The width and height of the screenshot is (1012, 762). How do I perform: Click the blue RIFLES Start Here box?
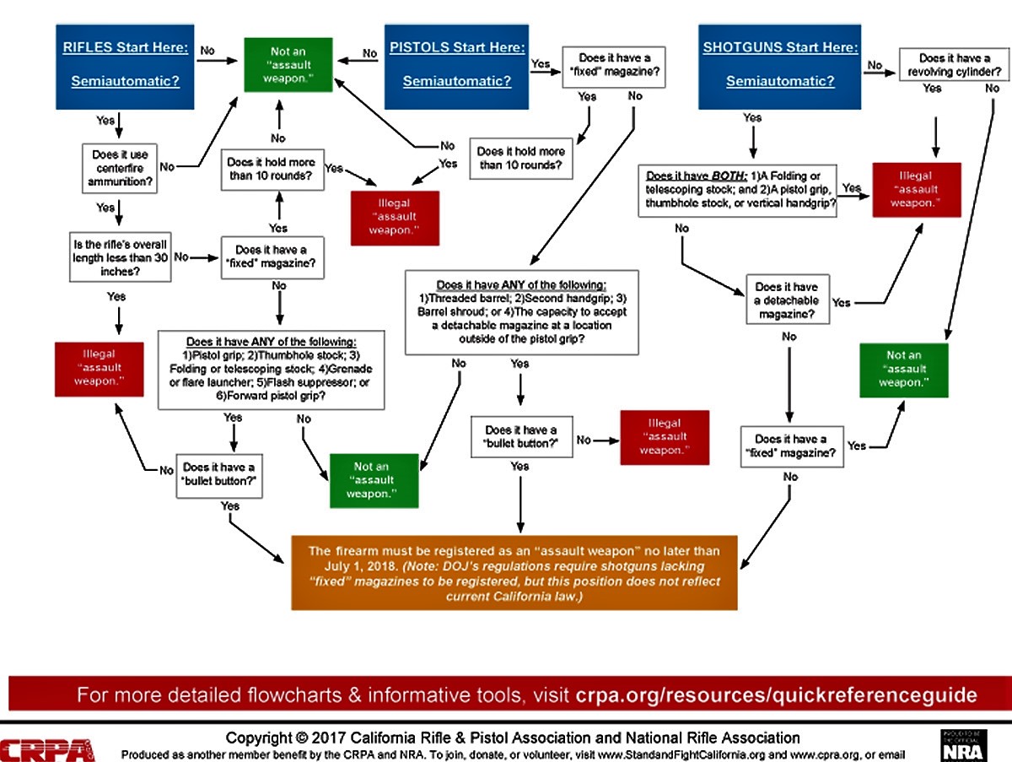pos(126,66)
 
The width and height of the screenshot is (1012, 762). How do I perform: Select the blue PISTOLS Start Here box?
pos(456,66)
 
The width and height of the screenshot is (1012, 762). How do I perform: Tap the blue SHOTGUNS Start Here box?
pos(780,66)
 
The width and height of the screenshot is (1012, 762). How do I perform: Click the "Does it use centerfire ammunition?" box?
pos(120,168)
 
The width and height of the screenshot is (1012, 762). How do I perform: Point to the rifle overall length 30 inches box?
pos(117,258)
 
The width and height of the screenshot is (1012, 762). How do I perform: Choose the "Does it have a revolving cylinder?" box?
pos(955,65)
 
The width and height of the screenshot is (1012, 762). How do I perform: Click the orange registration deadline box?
pos(514,571)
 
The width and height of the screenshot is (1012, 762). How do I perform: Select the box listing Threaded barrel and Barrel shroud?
pos(521,312)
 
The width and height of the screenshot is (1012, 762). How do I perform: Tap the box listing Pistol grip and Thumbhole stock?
pos(272,370)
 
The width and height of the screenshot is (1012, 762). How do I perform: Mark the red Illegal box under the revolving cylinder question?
pos(916,190)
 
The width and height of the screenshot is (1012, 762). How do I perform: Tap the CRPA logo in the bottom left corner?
pos(47,748)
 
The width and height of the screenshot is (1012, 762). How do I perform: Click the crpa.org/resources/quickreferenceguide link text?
pos(776,695)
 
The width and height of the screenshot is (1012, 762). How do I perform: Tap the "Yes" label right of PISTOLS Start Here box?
pos(541,63)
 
